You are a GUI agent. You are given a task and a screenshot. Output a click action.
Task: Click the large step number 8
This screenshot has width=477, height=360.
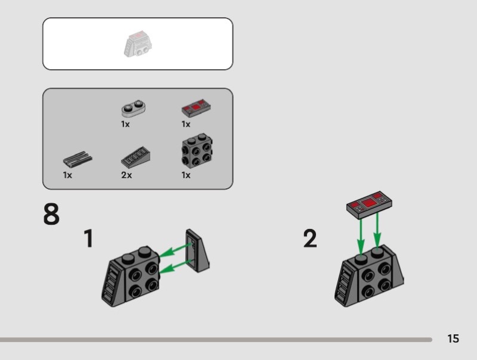click(x=51, y=214)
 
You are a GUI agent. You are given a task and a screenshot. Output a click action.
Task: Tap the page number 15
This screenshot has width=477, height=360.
click(x=453, y=339)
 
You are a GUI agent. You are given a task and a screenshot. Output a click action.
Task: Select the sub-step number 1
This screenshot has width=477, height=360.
click(x=88, y=238)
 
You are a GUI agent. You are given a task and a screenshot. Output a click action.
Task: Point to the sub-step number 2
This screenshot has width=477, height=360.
click(x=310, y=238)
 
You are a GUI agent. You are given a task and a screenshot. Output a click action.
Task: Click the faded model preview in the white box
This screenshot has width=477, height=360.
click(x=138, y=44)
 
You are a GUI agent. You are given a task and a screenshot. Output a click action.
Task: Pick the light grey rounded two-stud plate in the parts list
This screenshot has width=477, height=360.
click(x=133, y=108)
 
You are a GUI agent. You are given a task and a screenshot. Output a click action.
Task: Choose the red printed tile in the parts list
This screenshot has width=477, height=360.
click(x=197, y=108)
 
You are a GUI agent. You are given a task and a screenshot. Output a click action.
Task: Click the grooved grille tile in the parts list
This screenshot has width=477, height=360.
click(x=78, y=159)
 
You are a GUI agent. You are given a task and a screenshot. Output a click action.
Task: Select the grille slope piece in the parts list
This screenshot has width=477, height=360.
click(x=136, y=157)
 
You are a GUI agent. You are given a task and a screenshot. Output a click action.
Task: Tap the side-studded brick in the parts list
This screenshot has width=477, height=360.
click(x=197, y=151)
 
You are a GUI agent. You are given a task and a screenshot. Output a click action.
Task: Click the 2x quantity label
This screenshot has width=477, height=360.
click(x=126, y=175)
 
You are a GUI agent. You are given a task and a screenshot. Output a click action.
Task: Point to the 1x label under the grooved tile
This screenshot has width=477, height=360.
click(x=67, y=175)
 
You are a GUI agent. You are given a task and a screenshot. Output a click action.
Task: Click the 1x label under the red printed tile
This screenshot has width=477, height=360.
click(x=186, y=124)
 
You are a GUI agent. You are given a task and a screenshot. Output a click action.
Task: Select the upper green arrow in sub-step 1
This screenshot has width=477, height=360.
click(x=175, y=250)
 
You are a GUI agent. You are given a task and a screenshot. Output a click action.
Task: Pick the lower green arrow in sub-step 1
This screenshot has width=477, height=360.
click(x=175, y=266)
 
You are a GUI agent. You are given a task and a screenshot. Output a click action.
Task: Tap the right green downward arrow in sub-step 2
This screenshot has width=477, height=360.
click(x=377, y=231)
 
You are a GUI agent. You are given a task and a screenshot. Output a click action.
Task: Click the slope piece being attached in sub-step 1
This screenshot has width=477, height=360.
click(x=197, y=250)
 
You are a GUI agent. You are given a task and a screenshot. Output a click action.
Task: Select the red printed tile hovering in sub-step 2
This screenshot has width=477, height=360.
click(x=369, y=204)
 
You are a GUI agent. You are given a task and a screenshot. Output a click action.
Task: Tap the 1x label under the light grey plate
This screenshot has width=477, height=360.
click(x=125, y=124)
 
